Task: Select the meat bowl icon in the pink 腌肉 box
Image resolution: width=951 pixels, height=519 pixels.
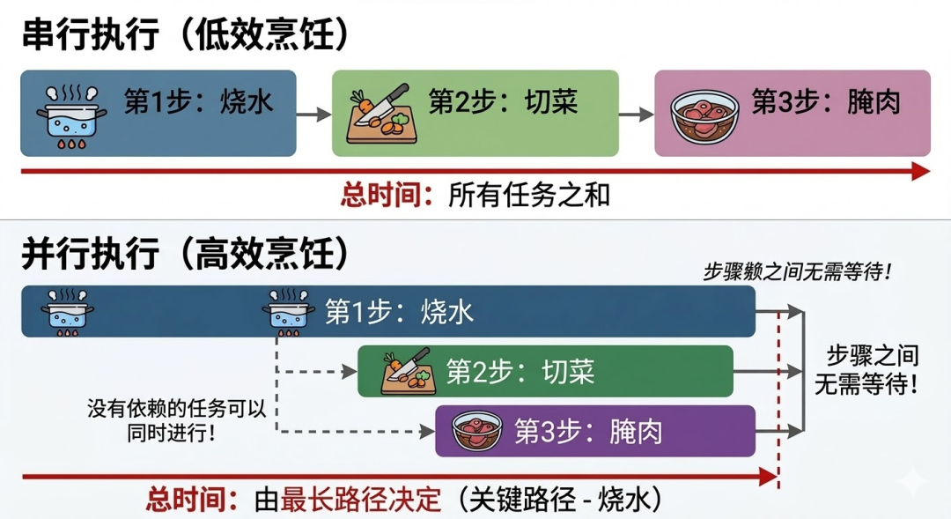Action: [x=704, y=115]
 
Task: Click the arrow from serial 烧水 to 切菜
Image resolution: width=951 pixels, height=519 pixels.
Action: [x=313, y=114]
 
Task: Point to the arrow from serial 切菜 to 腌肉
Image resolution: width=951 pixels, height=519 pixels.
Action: [x=636, y=114]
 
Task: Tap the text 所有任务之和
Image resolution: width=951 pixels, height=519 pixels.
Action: [x=528, y=194]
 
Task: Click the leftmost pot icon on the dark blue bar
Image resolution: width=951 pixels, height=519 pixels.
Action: [x=67, y=313]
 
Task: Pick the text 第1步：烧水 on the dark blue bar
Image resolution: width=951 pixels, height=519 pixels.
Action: [x=399, y=311]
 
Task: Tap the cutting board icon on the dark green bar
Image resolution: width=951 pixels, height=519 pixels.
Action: [x=405, y=371]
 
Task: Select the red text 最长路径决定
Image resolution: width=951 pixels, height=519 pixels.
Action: [x=360, y=500]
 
